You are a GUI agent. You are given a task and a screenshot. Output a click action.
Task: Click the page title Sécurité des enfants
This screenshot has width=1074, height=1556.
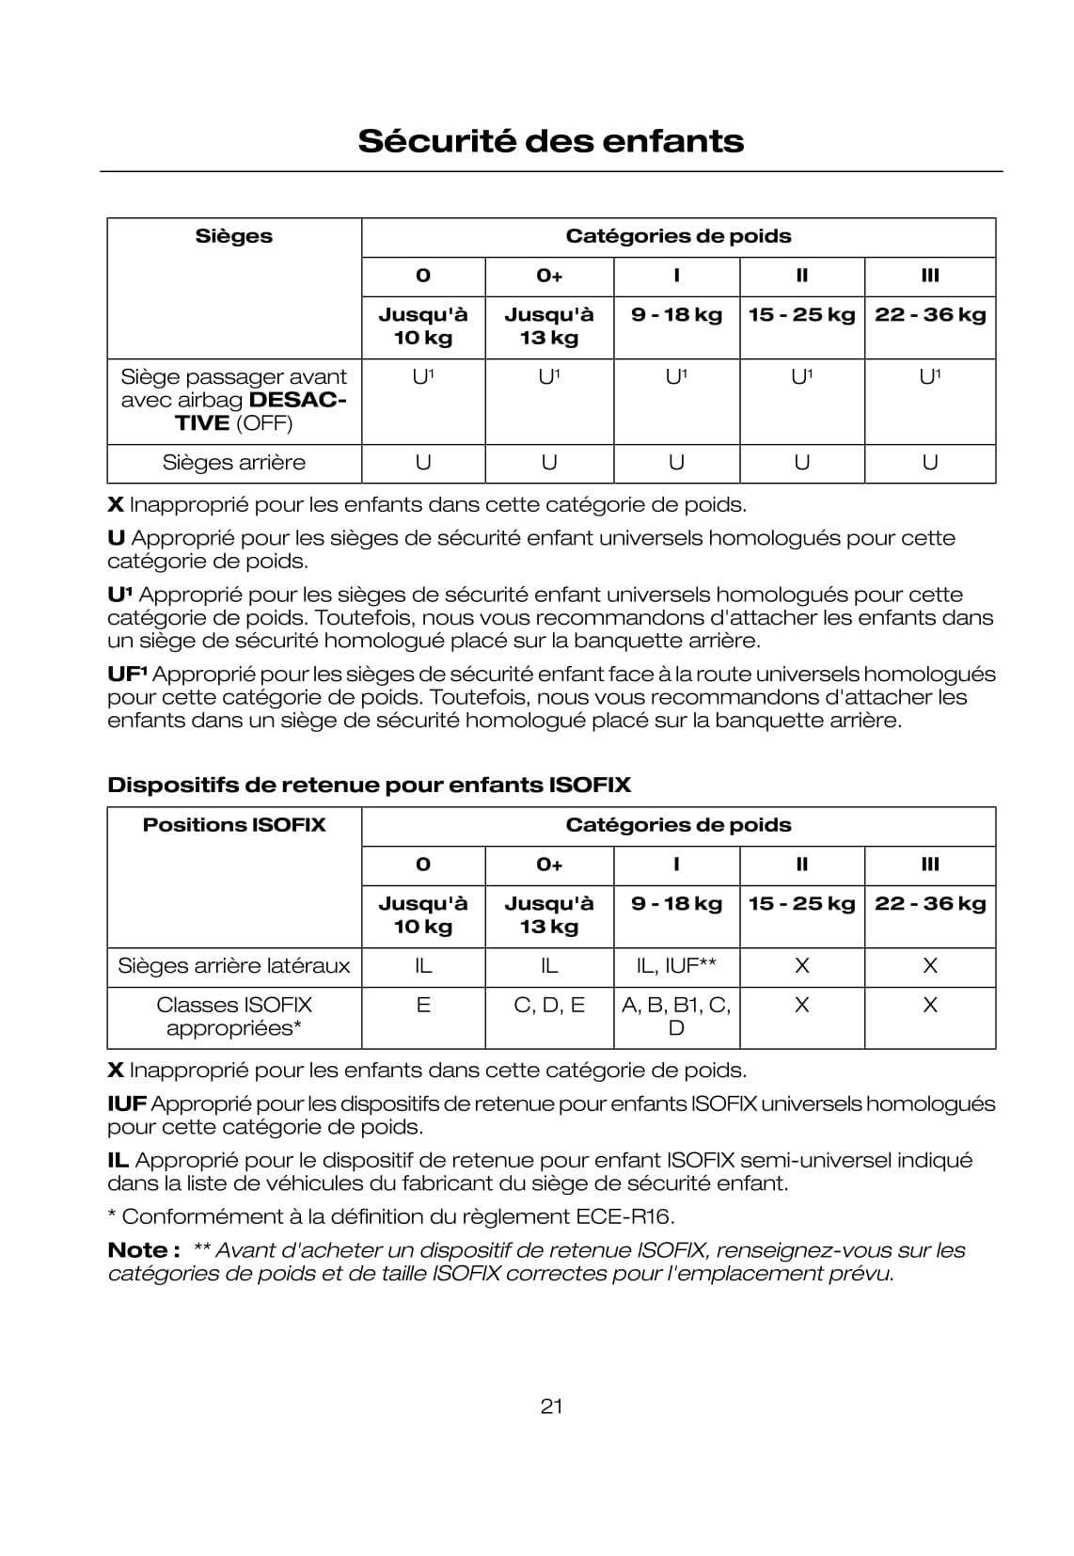(x=550, y=141)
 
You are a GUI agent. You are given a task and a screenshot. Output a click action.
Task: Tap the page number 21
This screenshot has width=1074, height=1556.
(x=551, y=1405)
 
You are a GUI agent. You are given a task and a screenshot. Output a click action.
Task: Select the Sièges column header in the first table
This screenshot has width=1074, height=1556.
(x=233, y=236)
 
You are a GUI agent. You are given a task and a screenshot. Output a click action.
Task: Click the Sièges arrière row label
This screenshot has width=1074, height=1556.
(x=233, y=463)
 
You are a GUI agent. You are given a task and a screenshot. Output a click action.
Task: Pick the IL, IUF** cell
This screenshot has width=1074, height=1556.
(x=676, y=966)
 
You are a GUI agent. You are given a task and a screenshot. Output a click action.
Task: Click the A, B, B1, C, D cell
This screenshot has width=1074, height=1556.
(x=676, y=1016)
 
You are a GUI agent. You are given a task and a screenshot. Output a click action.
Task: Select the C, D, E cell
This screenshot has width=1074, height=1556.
(x=549, y=1006)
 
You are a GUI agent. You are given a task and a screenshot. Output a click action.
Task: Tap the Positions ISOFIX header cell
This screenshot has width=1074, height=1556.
(x=233, y=825)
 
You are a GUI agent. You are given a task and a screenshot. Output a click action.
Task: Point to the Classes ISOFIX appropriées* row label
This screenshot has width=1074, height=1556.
(x=233, y=1016)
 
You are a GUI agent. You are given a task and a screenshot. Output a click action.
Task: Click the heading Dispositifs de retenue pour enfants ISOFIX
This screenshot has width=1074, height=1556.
(x=369, y=785)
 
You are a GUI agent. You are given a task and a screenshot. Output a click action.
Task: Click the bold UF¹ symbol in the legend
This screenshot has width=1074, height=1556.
(x=127, y=675)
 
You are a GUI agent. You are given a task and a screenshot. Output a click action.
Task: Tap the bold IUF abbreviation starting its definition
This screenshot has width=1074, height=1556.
(x=127, y=1104)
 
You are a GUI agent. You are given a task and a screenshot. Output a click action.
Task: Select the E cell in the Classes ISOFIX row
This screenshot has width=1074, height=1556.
(x=423, y=1006)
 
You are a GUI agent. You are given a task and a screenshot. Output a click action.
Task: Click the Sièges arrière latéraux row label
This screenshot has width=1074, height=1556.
(x=233, y=966)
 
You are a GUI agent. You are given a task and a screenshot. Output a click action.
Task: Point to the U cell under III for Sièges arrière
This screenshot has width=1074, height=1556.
(x=929, y=463)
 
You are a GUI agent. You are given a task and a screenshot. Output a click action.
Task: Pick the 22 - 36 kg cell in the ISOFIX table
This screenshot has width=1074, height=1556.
(x=929, y=904)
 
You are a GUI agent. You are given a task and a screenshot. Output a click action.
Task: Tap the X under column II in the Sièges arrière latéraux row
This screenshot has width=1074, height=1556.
(x=801, y=966)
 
